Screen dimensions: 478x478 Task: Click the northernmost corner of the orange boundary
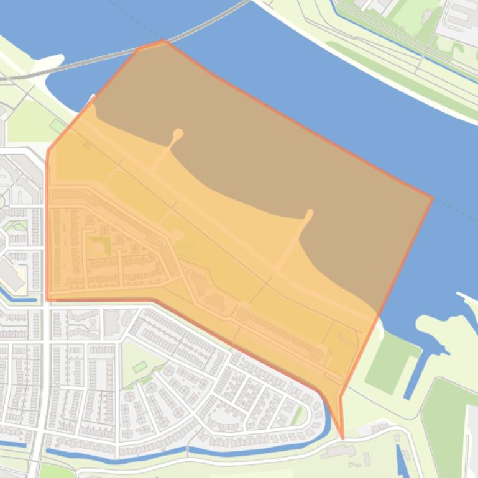[163, 41]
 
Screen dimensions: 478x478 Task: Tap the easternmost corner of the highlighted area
[432, 198]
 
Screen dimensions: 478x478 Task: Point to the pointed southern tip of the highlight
[342, 438]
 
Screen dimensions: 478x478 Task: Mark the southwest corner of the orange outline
[47, 300]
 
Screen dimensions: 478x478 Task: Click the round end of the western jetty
[178, 133]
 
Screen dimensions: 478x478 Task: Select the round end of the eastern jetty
[309, 214]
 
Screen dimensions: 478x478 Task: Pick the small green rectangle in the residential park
[140, 366]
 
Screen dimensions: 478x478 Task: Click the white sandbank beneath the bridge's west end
[50, 66]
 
